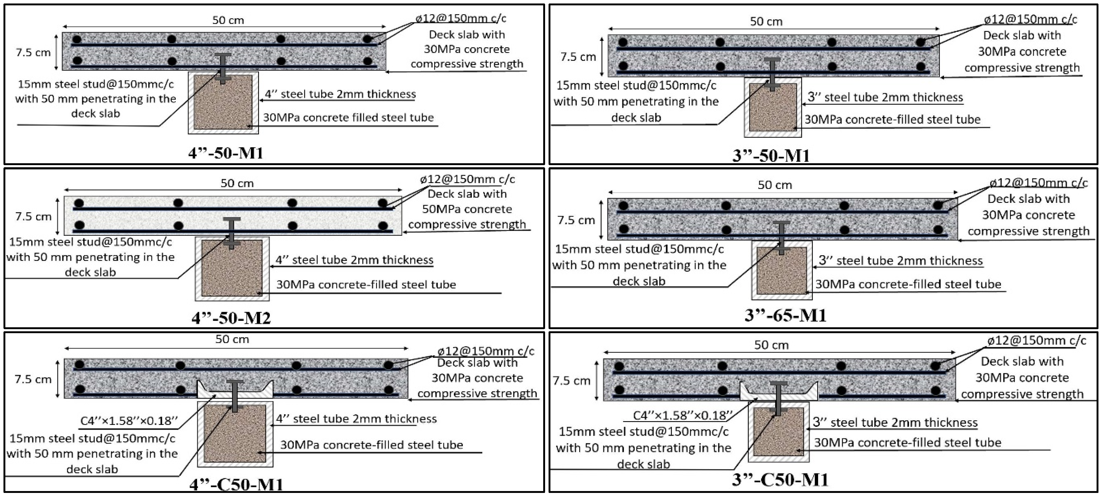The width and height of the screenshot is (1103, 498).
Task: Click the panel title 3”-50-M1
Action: (771, 155)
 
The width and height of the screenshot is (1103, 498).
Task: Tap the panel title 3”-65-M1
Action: (785, 315)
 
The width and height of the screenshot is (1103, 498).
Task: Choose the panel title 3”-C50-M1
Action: (780, 480)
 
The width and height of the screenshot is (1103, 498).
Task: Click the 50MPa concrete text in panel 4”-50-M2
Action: (467, 209)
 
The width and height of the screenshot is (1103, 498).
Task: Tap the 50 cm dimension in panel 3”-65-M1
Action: (775, 185)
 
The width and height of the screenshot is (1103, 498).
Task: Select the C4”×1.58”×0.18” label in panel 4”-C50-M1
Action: (129, 421)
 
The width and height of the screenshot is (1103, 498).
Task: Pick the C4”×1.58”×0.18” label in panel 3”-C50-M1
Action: (683, 415)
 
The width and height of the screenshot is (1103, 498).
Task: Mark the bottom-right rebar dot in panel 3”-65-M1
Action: (938, 229)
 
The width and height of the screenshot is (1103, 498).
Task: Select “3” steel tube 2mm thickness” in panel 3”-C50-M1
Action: (895, 423)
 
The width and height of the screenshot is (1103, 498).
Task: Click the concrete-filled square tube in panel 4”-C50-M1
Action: (235, 434)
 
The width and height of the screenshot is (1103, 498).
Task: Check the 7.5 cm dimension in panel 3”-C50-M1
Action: (571, 381)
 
